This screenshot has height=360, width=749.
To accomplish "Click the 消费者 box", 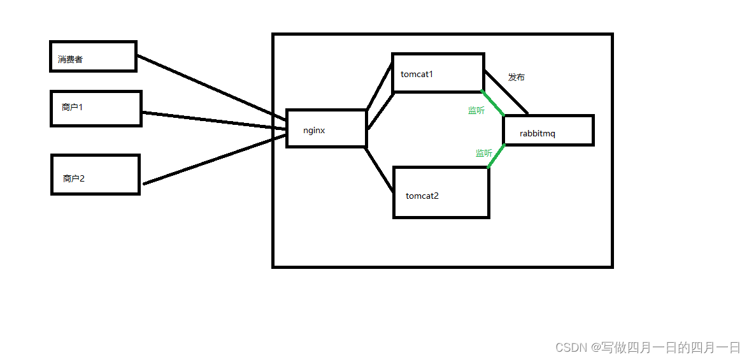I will tap(93, 56).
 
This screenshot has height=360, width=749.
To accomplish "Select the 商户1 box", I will tap(96, 108).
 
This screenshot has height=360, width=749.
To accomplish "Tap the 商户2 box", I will tap(95, 175).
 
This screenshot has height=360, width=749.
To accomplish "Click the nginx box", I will tap(326, 128).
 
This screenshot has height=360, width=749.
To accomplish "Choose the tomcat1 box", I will tap(438, 73).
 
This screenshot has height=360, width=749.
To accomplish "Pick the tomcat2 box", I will tap(441, 192).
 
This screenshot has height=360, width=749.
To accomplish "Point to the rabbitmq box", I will tap(548, 130).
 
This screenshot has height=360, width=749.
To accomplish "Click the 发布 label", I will tap(517, 77).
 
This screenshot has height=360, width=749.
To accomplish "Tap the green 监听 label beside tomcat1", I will tap(476, 110).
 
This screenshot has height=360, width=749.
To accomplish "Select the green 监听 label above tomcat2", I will tap(483, 153).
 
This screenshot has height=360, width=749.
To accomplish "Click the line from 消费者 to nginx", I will tap(210, 87).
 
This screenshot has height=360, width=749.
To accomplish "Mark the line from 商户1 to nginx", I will tap(213, 120).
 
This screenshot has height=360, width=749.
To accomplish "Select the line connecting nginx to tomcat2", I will tap(379, 169).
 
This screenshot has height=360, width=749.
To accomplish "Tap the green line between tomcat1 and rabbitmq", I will tap(492, 103).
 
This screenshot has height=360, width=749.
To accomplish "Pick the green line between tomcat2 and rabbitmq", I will tap(497, 155).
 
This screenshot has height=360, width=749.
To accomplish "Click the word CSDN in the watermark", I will tap(571, 347).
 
